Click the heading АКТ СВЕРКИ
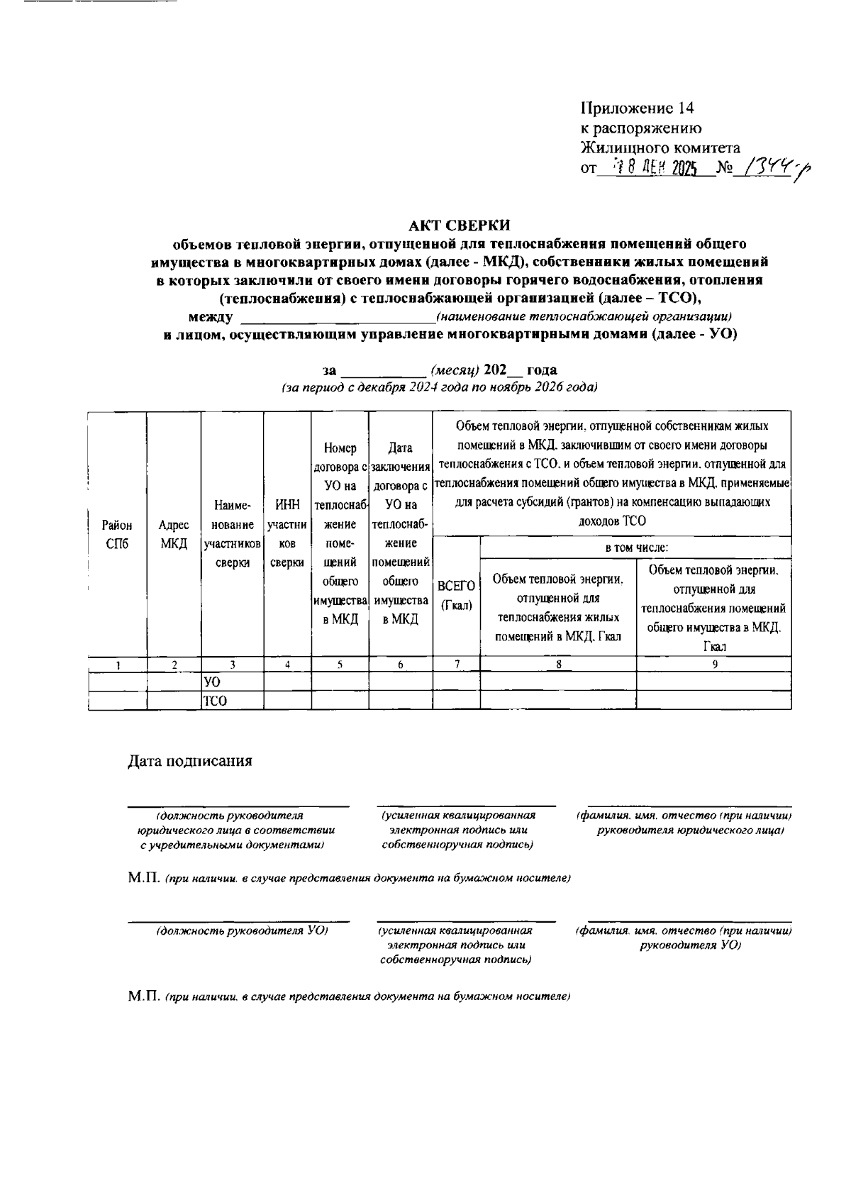coord(460,226)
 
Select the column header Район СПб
coord(117,535)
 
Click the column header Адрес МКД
coord(174,535)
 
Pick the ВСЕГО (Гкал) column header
coord(456,596)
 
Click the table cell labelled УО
coord(212,682)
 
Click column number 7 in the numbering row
coord(457,665)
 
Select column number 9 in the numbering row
coord(714,665)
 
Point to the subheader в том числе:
coord(636,548)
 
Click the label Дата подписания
coord(190,762)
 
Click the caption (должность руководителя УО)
coord(241,930)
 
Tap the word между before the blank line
coord(211,316)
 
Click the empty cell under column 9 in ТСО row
coord(714,701)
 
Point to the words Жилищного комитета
coord(660,148)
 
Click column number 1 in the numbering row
coord(118,665)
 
